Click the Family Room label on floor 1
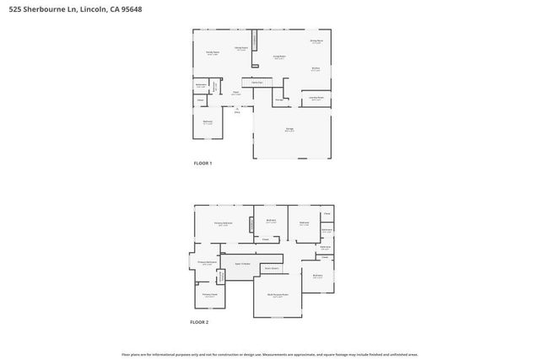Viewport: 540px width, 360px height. point(213,52)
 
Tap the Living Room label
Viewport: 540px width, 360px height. point(279,57)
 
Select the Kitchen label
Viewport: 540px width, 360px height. point(316,69)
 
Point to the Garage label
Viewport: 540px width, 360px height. point(289,128)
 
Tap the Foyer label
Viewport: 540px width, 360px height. point(237,94)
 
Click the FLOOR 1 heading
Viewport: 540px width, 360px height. point(202,163)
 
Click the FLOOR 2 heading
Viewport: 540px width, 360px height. point(199,322)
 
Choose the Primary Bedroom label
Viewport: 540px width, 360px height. point(222,223)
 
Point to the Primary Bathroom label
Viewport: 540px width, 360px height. point(208,262)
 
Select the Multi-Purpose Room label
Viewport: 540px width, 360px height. point(278,295)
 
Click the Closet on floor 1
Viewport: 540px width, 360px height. point(200,100)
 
